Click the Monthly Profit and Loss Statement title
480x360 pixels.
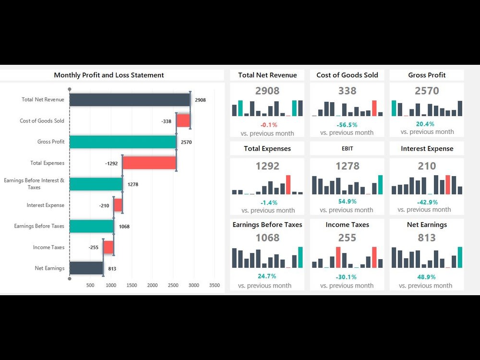pos(109,75)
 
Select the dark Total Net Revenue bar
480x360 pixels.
pos(130,100)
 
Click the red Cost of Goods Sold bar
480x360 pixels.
pos(183,120)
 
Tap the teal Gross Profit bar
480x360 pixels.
pos(122,142)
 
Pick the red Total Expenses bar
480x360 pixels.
pos(149,163)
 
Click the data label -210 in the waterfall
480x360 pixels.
pos(105,205)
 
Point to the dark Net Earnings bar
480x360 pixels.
pos(86,268)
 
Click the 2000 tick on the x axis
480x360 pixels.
pos(152,285)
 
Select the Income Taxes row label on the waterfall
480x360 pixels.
pos(48,247)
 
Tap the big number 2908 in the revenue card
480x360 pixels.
pos(267,91)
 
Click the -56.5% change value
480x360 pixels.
pos(347,124)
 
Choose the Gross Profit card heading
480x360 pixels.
pos(427,75)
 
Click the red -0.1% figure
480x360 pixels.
pos(268,124)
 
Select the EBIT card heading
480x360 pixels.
pos(347,149)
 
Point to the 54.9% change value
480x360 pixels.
pos(347,201)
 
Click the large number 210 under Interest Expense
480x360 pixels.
pos(427,166)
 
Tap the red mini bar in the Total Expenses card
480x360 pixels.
pos(288,185)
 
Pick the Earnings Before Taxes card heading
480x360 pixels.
pos(267,225)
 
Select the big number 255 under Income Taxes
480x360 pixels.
pos(347,238)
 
